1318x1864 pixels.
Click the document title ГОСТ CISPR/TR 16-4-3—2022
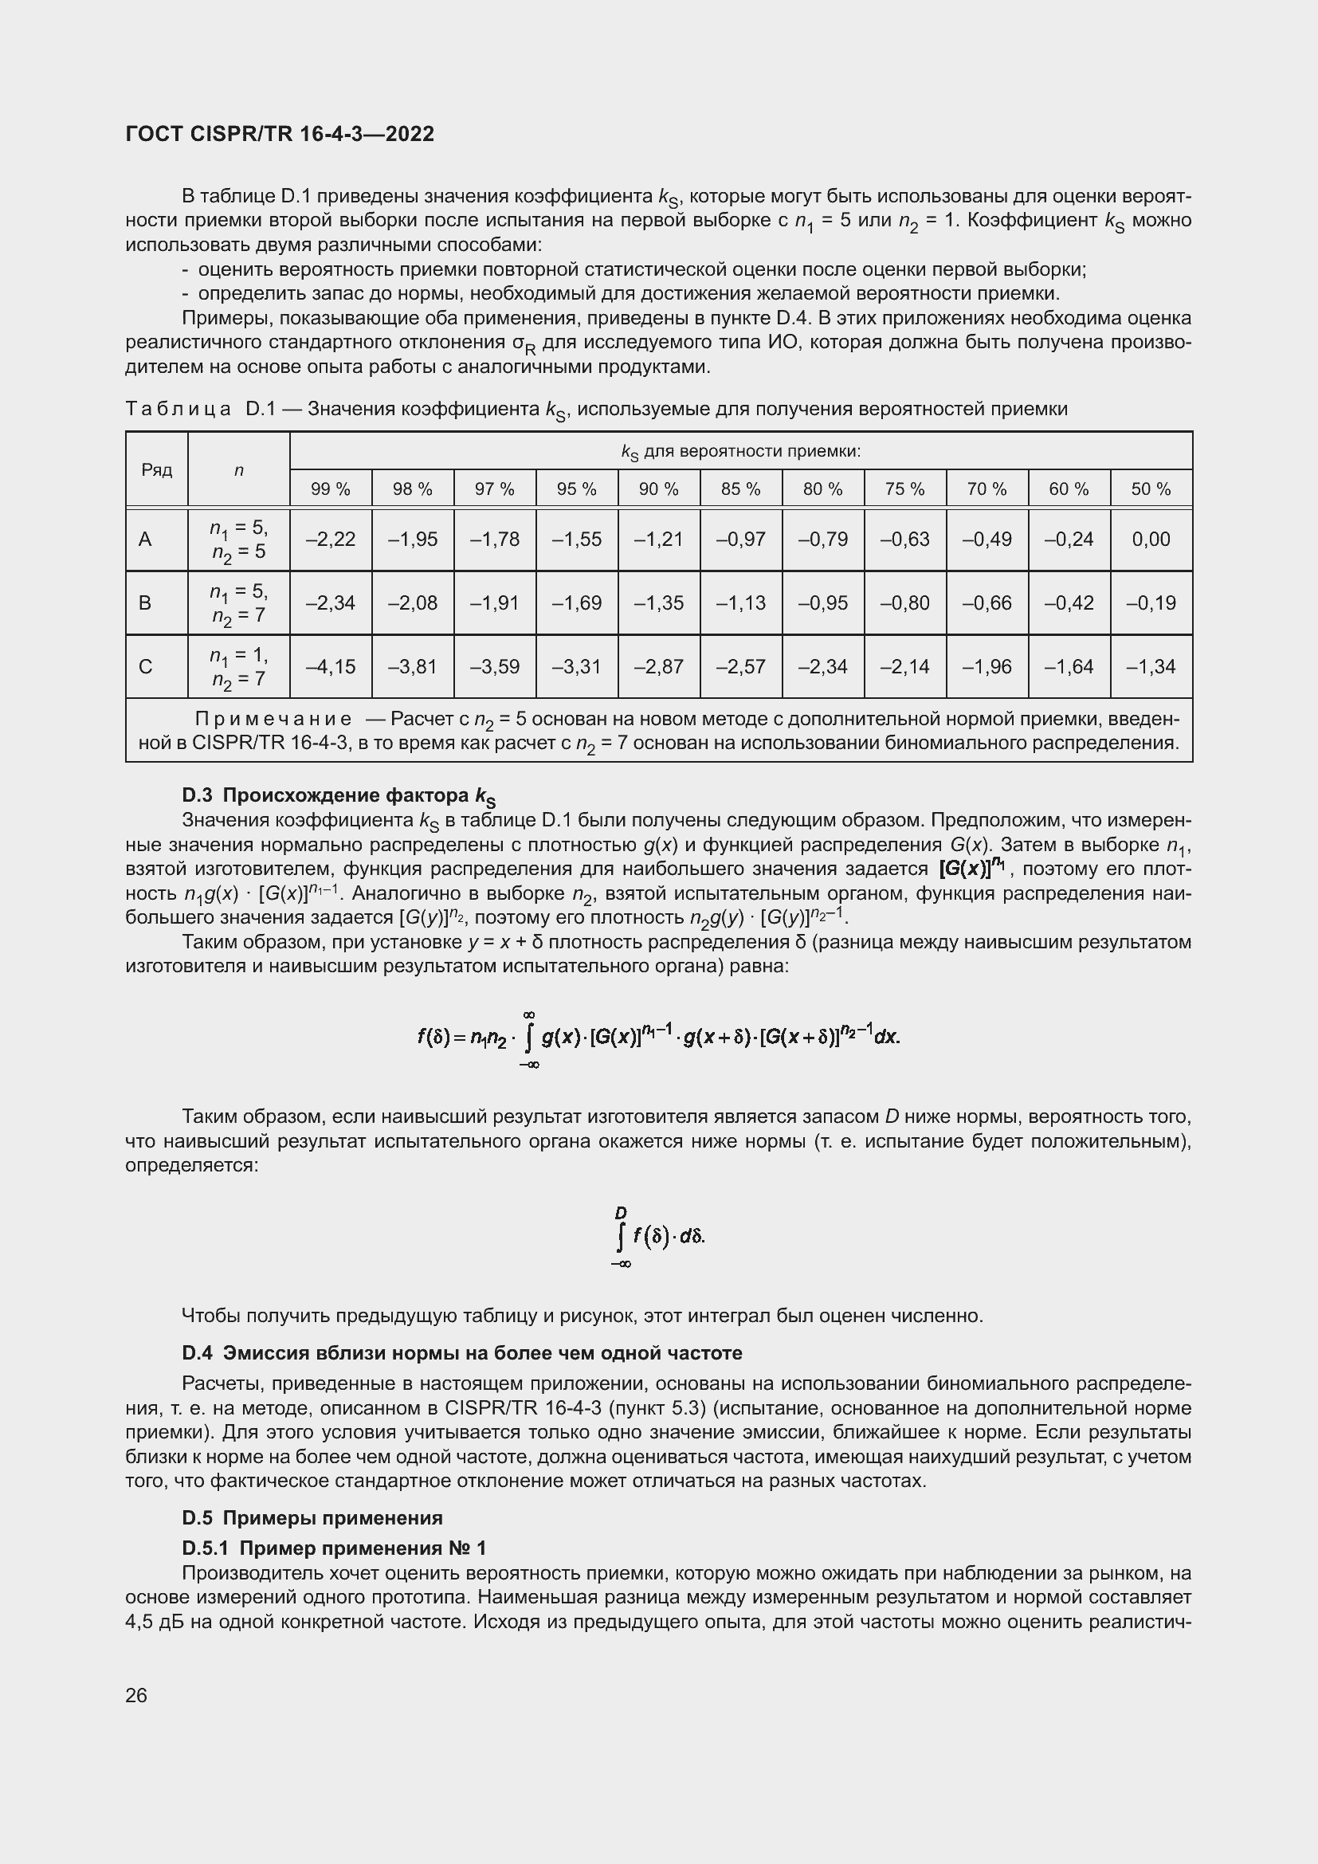[x=280, y=134]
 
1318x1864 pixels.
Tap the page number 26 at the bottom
[x=136, y=1695]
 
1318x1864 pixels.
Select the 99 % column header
[x=331, y=489]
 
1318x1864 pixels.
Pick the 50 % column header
[x=1151, y=489]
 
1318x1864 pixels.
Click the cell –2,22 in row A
[x=331, y=539]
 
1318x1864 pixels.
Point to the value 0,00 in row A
[x=1151, y=539]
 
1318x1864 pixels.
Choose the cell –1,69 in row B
[x=576, y=602]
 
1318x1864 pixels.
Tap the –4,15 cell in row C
[x=331, y=666]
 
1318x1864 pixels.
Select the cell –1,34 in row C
[x=1151, y=666]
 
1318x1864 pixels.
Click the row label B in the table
[x=145, y=602]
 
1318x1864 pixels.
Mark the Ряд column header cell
[x=157, y=470]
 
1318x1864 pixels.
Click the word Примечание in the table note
[x=273, y=720]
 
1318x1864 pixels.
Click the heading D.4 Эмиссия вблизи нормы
[x=462, y=1353]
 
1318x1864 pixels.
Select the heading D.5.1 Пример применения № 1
[x=334, y=1548]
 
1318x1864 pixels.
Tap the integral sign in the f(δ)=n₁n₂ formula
[x=529, y=1038]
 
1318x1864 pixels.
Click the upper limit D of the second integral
[x=621, y=1213]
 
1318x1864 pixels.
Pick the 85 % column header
[x=740, y=489]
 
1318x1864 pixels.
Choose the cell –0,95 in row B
[x=823, y=602]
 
